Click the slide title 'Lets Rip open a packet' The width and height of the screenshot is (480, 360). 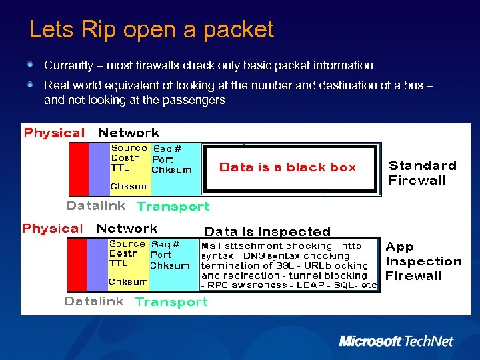[151, 29]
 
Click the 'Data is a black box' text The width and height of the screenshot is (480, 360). [288, 167]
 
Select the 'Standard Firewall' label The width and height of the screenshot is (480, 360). [423, 172]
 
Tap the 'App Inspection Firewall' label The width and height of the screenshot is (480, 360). [423, 261]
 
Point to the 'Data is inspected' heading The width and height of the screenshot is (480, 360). [267, 232]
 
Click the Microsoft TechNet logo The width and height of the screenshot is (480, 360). [396, 341]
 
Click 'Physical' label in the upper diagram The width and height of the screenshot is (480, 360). [54, 133]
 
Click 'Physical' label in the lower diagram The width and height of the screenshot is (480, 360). [53, 229]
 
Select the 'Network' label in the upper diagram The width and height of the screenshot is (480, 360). [128, 133]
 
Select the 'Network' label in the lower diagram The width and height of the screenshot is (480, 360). [127, 229]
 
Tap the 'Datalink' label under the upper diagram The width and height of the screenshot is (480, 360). [95, 205]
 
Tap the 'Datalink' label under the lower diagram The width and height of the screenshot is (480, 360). [93, 301]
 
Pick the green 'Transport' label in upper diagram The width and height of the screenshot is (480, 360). [173, 207]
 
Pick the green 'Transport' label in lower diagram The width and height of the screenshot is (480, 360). [171, 302]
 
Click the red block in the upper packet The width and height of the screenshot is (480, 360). [79, 169]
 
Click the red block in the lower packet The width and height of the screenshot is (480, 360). [77, 265]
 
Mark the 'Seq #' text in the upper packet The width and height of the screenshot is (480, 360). [167, 149]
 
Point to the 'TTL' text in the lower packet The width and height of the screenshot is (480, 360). [118, 263]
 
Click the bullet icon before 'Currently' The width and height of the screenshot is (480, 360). [31, 65]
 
